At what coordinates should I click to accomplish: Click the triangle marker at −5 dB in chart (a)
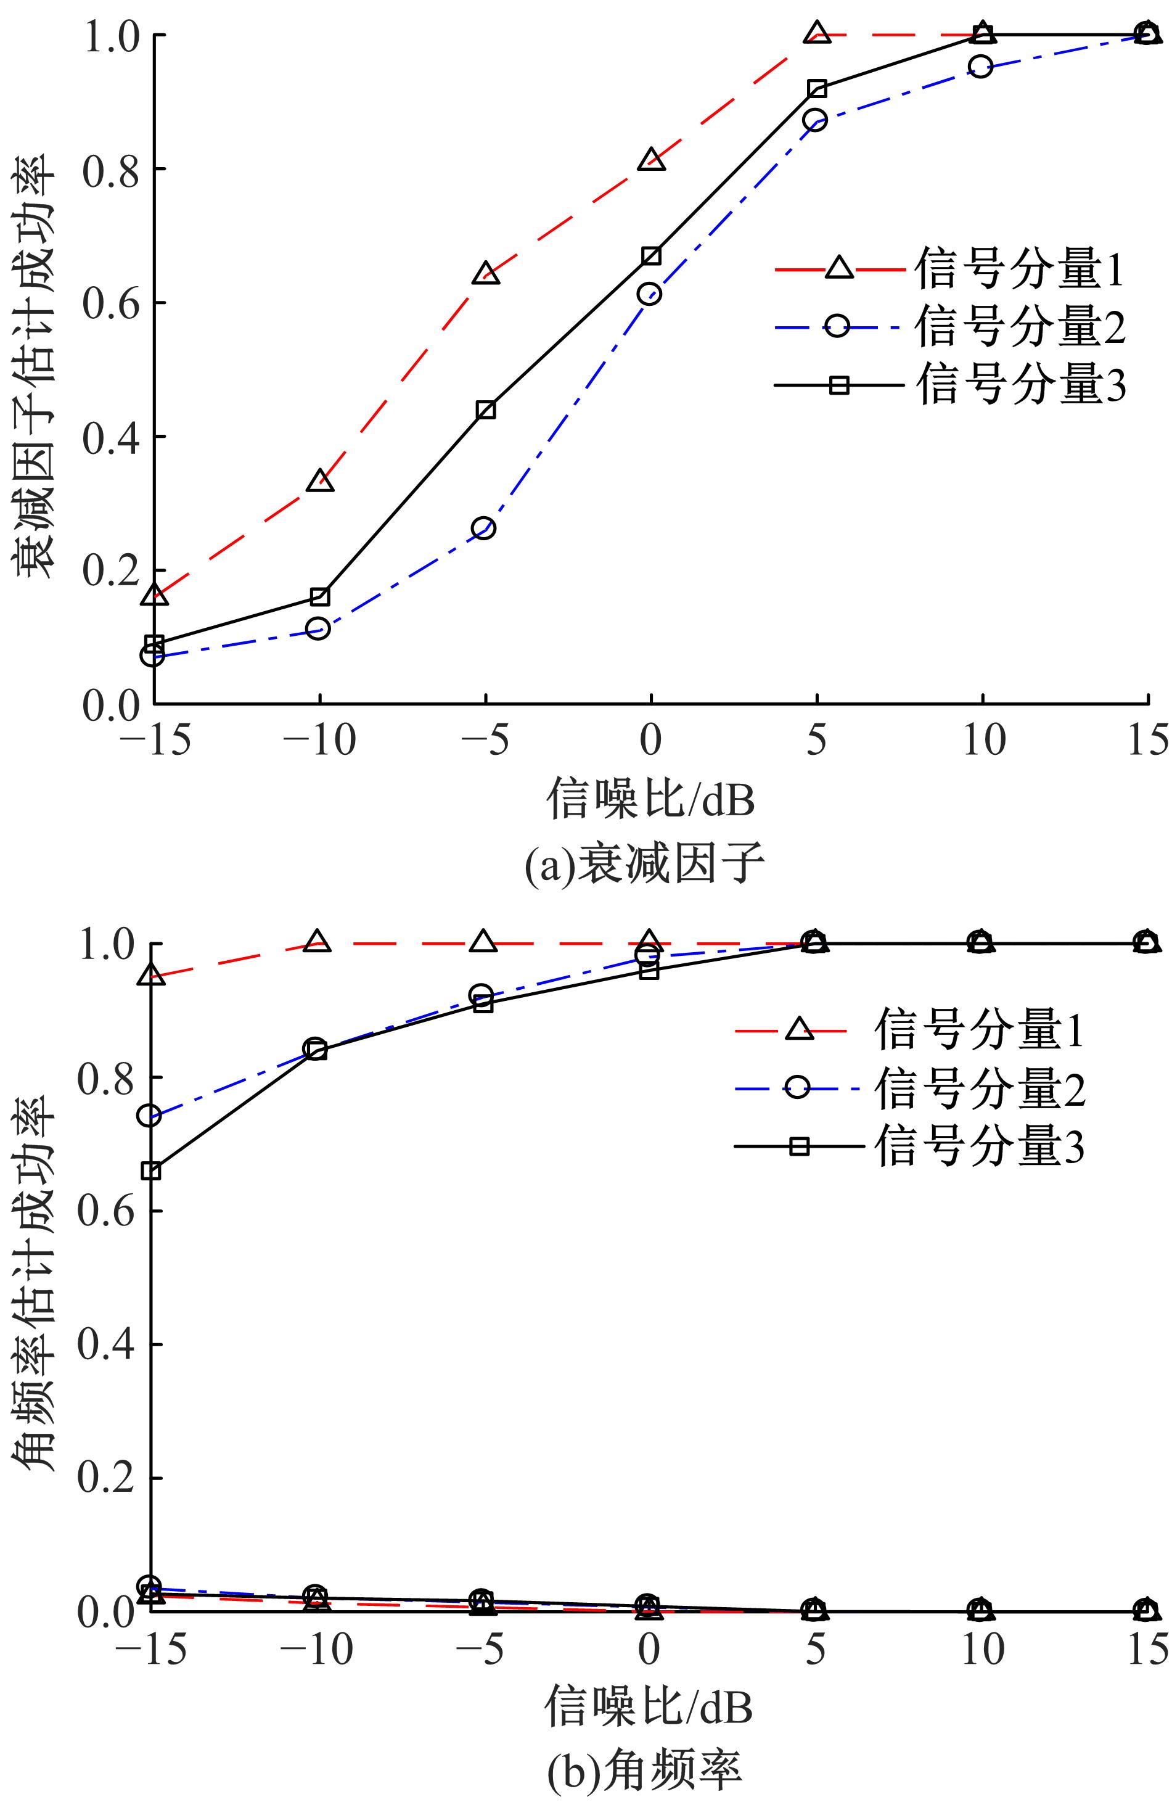coord(485,273)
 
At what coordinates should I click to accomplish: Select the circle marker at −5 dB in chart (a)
coord(484,528)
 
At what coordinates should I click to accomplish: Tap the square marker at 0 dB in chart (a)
coord(651,256)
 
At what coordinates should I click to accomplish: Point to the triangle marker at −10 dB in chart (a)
coord(319,481)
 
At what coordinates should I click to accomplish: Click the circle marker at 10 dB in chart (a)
coord(980,67)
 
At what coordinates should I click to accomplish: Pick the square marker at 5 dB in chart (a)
coord(817,89)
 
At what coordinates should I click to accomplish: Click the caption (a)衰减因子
coord(644,865)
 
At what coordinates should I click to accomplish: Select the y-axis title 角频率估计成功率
coord(33,1280)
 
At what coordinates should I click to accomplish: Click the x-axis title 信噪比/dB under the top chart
coord(650,801)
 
